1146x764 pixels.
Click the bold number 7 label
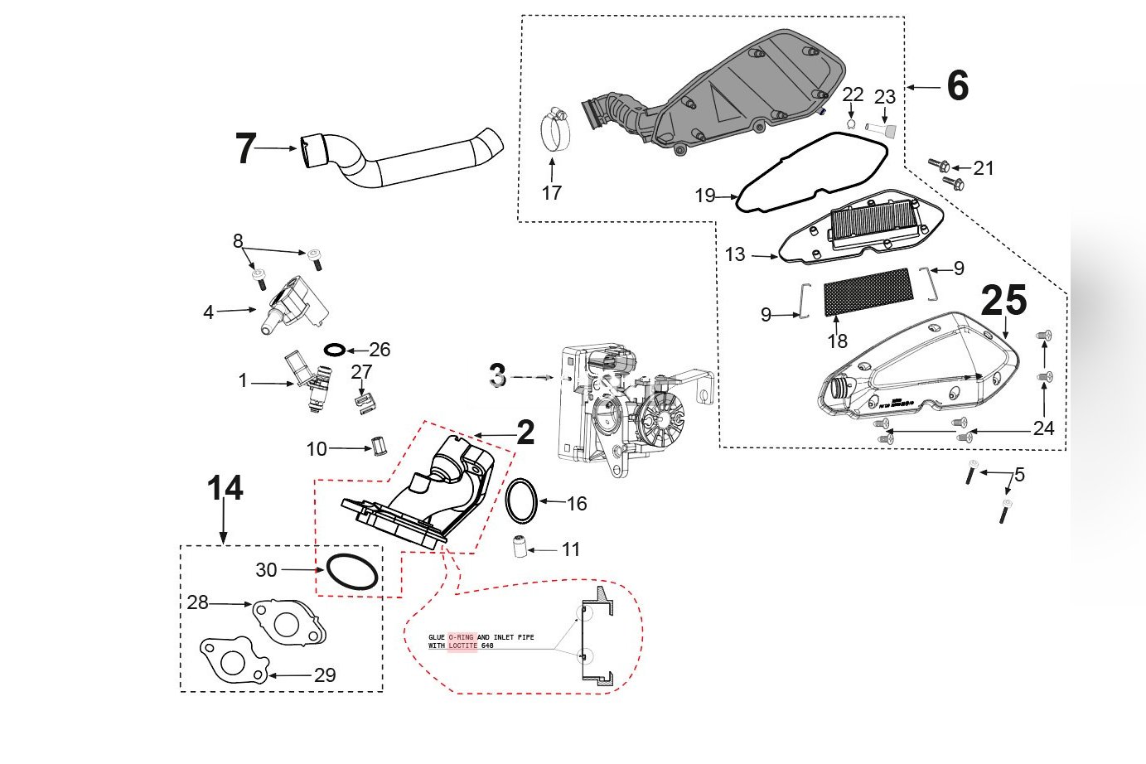pyautogui.click(x=246, y=149)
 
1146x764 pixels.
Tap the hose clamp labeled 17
pyautogui.click(x=557, y=132)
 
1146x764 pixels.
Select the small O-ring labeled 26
pyautogui.click(x=333, y=350)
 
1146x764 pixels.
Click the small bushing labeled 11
pyautogui.click(x=520, y=548)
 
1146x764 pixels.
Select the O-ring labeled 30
pyautogui.click(x=352, y=572)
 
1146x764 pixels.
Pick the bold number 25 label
pyautogui.click(x=1003, y=301)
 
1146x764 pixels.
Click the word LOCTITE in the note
pyautogui.click(x=462, y=646)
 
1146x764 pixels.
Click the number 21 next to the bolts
pyautogui.click(x=984, y=168)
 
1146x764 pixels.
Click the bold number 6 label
pyautogui.click(x=957, y=86)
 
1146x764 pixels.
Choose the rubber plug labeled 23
pyautogui.click(x=884, y=128)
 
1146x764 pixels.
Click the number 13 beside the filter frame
pyautogui.click(x=735, y=254)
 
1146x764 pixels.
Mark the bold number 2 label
pyautogui.click(x=525, y=433)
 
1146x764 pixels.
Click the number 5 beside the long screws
pyautogui.click(x=1019, y=475)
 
